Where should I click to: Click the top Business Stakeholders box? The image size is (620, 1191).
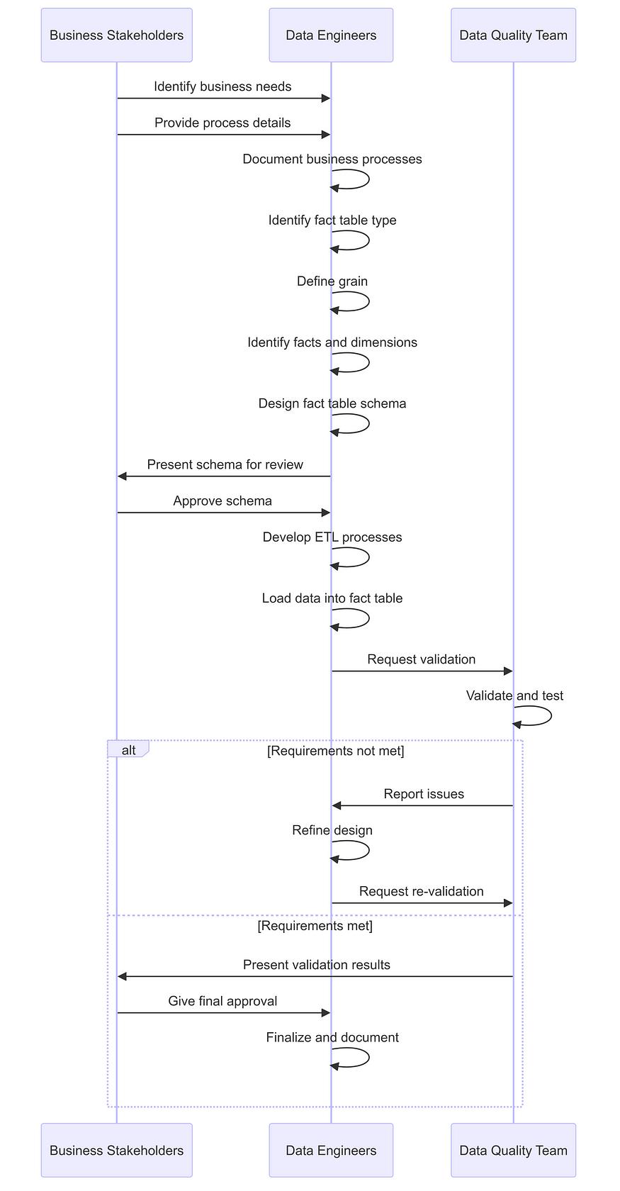coord(116,35)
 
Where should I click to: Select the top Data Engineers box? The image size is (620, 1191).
coord(331,35)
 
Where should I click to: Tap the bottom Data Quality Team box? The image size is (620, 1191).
coord(513,1150)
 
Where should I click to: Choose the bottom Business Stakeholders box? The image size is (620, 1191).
coord(116,1150)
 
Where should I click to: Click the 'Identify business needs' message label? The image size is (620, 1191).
coord(222,86)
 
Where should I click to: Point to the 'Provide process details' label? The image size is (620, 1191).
coord(222,123)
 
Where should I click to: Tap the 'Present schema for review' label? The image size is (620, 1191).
coord(225,465)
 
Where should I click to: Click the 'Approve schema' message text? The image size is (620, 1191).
coord(222,501)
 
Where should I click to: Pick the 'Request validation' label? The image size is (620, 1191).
coord(422,659)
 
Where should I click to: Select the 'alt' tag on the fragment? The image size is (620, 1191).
coord(128,750)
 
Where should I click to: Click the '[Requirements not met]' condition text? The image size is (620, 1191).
coord(336,751)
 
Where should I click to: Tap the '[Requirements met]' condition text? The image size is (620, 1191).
coord(315,926)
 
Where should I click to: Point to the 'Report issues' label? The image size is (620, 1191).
coord(424,794)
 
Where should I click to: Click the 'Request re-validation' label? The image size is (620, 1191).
coord(422,891)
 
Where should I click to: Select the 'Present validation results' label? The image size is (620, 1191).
coord(317,964)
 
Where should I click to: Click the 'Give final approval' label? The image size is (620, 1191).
coord(222,1001)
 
